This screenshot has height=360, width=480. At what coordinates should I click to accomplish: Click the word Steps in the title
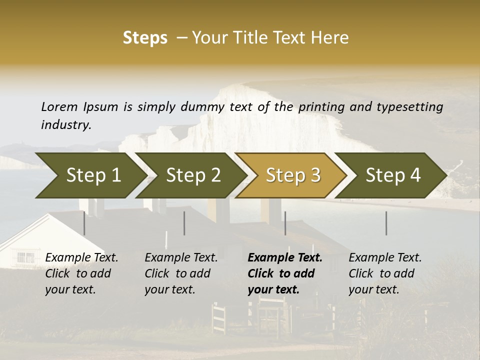tap(145, 38)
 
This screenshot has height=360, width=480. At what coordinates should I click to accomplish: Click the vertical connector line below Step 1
tap(84, 223)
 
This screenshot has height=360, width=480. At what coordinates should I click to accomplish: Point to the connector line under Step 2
tap(184, 223)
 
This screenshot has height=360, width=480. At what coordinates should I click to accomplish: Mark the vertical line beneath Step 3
tap(285, 223)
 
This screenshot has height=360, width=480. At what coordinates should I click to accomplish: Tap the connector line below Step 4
tap(386, 223)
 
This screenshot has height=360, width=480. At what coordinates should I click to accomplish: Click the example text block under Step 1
tap(81, 273)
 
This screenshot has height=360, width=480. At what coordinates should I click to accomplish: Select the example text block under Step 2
tap(181, 273)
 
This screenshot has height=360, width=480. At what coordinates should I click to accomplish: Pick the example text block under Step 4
tap(385, 273)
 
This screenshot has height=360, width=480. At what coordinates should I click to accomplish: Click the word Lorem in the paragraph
tap(59, 106)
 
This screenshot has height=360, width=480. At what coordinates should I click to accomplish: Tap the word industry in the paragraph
tap(66, 124)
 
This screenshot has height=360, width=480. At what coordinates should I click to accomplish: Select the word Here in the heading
tap(330, 38)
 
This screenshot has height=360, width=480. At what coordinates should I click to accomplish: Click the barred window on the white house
tap(25, 258)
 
